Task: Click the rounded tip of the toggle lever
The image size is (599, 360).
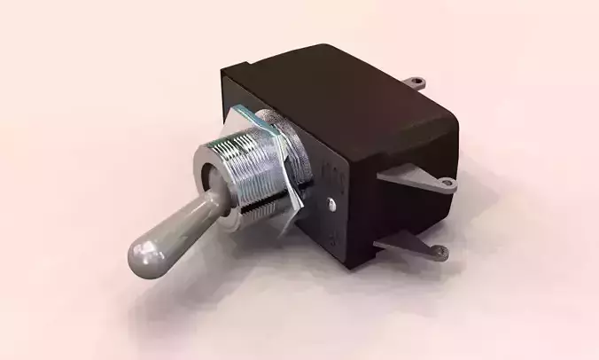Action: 144,256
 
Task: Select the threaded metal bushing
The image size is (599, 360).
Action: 253,174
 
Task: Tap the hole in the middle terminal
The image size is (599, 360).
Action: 447,184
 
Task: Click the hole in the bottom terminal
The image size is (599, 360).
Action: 440,254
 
